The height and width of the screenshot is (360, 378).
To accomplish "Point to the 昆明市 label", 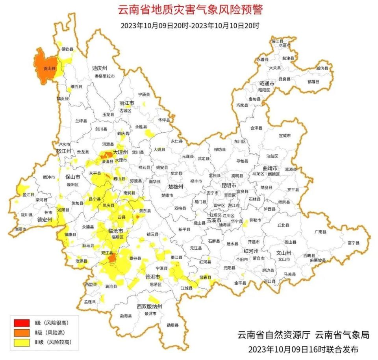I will (x=228, y=185).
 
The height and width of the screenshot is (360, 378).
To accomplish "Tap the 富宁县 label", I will (x=353, y=243).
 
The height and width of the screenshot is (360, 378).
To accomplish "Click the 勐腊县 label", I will (x=172, y=325).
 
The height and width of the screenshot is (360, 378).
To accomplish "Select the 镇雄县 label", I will (x=313, y=82).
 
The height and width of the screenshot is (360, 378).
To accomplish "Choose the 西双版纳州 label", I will (x=149, y=306).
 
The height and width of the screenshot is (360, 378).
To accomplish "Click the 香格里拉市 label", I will (x=104, y=76).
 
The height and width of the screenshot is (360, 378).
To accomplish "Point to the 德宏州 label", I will (x=44, y=219).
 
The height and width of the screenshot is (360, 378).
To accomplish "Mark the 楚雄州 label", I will (x=176, y=186).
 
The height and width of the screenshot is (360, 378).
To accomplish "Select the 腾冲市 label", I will (x=50, y=177).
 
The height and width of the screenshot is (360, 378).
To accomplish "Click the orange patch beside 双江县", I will (x=112, y=258).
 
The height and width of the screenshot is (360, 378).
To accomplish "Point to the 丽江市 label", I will (x=126, y=103).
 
